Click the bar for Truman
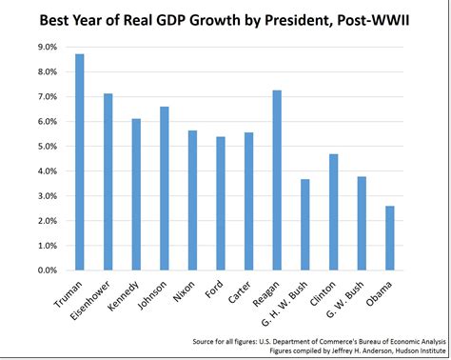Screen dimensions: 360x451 pyautogui.click(x=79, y=162)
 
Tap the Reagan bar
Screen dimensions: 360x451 pyautogui.click(x=276, y=180)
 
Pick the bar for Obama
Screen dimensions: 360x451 pyautogui.click(x=389, y=238)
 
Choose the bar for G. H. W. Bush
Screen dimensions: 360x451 pyautogui.click(x=304, y=225)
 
